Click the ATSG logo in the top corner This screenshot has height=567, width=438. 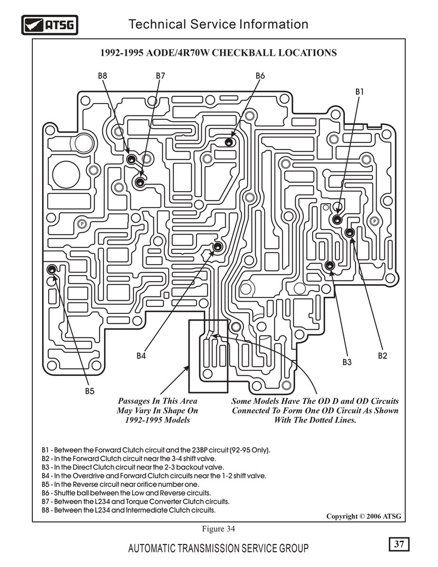coord(50,25)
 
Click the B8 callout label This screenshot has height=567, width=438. coord(102,76)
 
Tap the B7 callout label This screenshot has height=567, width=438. coord(160,76)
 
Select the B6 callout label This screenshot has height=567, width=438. coord(260,76)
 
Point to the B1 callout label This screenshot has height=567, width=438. coord(359,92)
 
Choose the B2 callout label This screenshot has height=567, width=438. coord(383,356)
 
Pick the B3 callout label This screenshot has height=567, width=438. coord(347,362)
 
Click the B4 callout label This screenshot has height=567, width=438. coord(141,356)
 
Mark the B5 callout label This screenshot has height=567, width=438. coord(90,391)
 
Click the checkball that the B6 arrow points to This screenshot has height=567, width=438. coord(229,142)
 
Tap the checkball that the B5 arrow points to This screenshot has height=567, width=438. coord(51,269)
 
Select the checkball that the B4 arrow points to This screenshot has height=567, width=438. coord(217,247)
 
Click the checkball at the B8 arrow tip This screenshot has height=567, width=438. coord(131,158)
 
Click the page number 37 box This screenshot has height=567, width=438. coord(399,544)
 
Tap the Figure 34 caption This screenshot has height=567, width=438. coord(218,529)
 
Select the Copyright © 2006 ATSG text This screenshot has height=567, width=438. coord(364,516)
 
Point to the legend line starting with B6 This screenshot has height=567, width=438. coord(126,493)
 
